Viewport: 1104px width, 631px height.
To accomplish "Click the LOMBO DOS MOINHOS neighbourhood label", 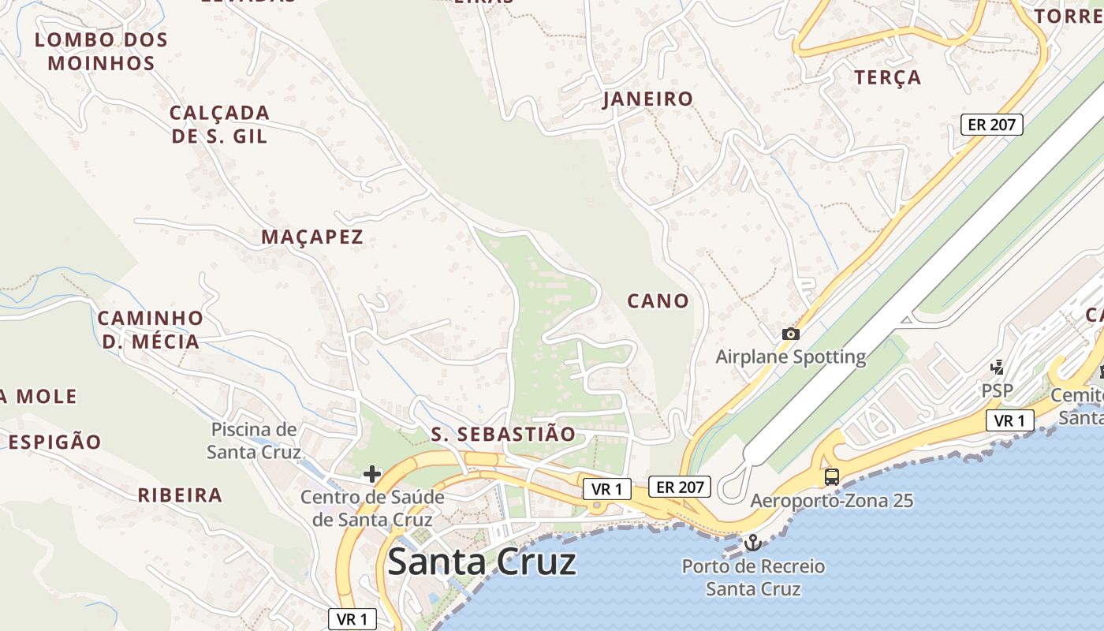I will [101, 51].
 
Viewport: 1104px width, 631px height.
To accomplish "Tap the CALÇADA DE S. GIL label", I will [219, 124].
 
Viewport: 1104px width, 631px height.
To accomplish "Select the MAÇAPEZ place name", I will [312, 237].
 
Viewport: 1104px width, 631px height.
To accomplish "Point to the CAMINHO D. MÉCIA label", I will [150, 330].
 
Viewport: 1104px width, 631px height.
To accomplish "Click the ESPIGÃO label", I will [55, 442].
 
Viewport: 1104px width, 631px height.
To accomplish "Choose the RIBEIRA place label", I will [180, 495].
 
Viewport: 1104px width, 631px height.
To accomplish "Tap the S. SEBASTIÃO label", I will [504, 435].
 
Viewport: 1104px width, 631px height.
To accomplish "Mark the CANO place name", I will [658, 301].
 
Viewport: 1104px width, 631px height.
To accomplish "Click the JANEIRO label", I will [647, 99].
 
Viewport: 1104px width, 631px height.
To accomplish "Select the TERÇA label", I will [888, 77].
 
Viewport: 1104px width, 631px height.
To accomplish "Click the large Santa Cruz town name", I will [482, 562].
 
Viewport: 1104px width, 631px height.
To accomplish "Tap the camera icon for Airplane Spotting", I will [790, 334].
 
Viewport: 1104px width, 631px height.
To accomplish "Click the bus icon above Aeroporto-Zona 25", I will [831, 476].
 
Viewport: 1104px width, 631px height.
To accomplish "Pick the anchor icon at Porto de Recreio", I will [752, 543].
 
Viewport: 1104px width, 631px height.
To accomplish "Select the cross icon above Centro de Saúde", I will [371, 474].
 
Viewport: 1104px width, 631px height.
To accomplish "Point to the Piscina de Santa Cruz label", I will [254, 441].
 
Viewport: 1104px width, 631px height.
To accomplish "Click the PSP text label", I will [997, 390].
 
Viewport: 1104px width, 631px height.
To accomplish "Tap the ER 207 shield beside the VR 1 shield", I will [680, 487].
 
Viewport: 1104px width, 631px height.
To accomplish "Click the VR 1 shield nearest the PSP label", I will [1009, 420].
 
